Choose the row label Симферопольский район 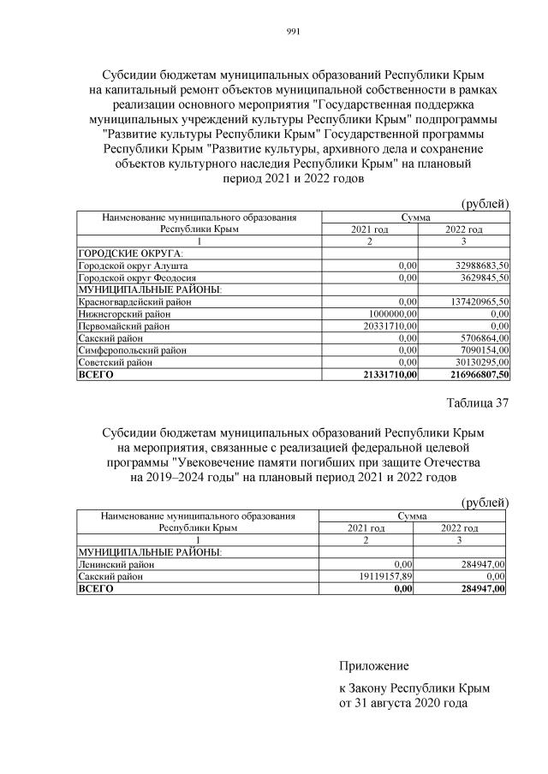click(128, 350)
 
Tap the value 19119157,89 click(384, 577)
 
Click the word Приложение click(374, 665)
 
